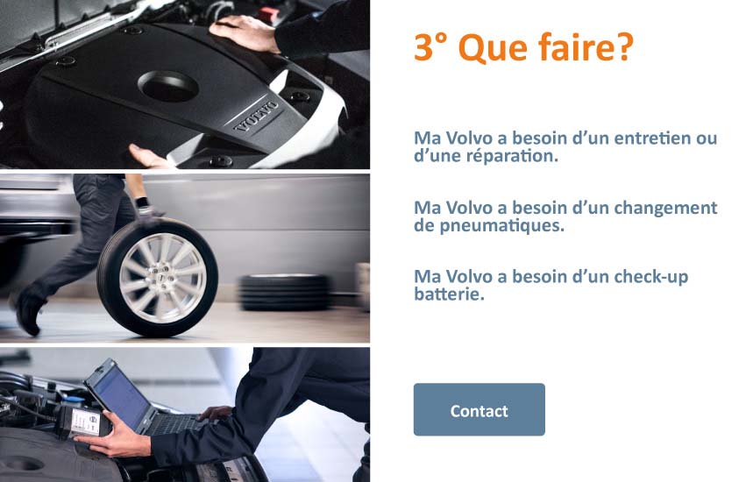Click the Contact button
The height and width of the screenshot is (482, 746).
pyautogui.click(x=480, y=409)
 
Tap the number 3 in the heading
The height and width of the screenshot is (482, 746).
pyautogui.click(x=423, y=47)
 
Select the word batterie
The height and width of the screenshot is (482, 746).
pyautogui.click(x=449, y=294)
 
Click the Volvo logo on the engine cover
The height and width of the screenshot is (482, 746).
pyautogui.click(x=257, y=116)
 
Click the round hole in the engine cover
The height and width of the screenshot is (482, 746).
pyautogui.click(x=168, y=87)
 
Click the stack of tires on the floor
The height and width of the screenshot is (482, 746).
pyautogui.click(x=285, y=292)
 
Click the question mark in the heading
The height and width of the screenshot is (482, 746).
pyautogui.click(x=622, y=46)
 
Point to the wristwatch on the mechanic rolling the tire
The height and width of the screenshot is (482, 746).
pyautogui.click(x=142, y=203)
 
